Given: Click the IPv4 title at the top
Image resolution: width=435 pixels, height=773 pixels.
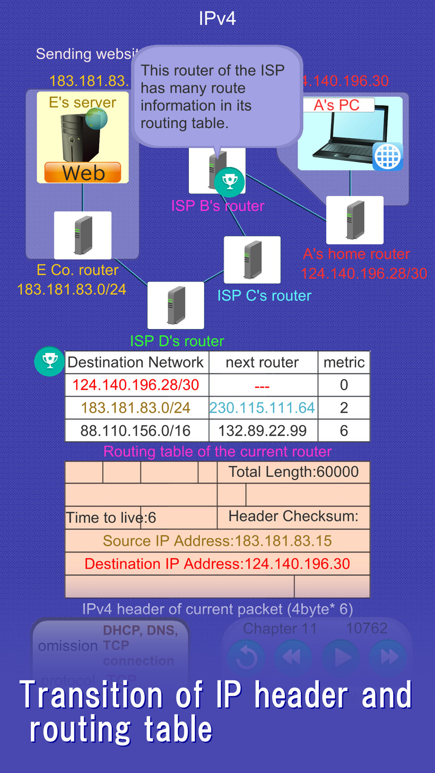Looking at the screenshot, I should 217,19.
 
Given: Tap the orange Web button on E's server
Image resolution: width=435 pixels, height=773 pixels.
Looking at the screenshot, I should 83,173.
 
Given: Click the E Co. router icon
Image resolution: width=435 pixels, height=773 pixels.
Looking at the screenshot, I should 83,235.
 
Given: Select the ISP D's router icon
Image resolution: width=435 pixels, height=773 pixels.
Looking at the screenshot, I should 176,305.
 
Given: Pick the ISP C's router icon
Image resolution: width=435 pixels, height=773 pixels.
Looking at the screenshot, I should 252,260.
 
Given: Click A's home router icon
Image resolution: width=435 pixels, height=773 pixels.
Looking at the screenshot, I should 355,220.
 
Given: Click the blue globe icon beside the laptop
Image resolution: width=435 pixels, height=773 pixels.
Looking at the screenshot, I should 387,156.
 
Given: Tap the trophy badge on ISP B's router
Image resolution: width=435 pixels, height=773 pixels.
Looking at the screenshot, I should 229,181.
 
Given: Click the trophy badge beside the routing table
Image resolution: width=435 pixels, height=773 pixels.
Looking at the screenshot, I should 49,361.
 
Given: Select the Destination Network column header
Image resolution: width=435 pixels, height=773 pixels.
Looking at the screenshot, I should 136,362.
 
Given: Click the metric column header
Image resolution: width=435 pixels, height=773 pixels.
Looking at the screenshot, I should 344,362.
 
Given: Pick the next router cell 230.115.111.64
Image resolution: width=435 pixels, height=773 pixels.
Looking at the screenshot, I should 262,408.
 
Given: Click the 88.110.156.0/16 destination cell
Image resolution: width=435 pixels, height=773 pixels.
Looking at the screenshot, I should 136,431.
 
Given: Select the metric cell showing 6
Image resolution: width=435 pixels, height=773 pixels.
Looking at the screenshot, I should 344,431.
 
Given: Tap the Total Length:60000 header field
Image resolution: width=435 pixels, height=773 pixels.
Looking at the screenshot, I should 294,472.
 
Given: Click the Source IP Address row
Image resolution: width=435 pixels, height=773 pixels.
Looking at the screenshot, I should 217,541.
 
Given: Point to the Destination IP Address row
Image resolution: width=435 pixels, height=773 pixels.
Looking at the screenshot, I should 217,564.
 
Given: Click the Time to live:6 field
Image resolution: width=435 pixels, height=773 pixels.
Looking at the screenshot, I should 111,518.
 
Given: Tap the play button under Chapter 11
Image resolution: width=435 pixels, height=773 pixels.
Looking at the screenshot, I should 341,657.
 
